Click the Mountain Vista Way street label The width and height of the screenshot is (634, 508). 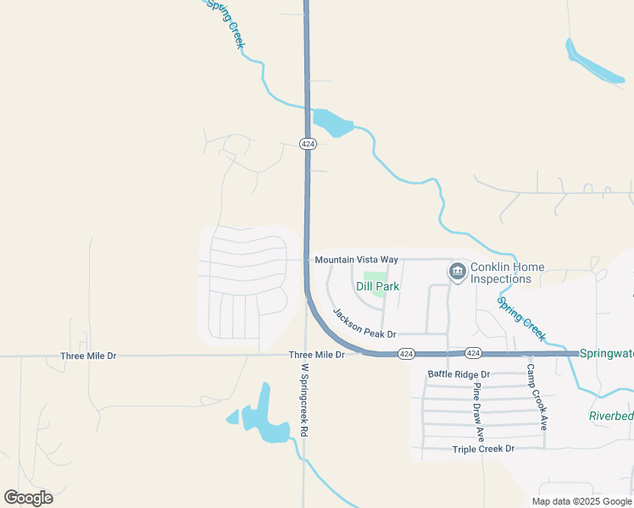pyautogui.click(x=356, y=259)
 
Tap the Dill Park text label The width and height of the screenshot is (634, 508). pyautogui.click(x=377, y=287)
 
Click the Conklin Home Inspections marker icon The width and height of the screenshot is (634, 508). pyautogui.click(x=457, y=272)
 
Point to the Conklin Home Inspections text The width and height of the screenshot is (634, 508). pyautogui.click(x=507, y=273)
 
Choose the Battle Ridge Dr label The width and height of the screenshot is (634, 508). pyautogui.click(x=459, y=373)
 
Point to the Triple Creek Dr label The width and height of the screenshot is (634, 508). pyautogui.click(x=483, y=450)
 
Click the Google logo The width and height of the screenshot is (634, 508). pyautogui.click(x=28, y=498)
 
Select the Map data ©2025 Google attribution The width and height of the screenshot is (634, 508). pyautogui.click(x=581, y=501)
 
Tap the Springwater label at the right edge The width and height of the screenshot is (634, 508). pyautogui.click(x=606, y=353)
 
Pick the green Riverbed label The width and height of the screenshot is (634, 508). pyautogui.click(x=611, y=416)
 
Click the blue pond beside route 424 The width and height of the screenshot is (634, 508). pyautogui.click(x=332, y=124)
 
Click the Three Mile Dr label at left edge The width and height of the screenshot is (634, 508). pyautogui.click(x=88, y=356)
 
